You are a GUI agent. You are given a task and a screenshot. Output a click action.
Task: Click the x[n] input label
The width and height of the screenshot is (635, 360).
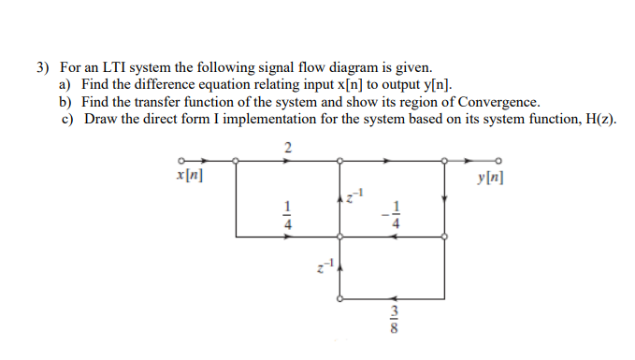[191, 175]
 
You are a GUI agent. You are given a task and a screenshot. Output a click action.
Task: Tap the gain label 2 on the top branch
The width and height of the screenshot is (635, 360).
[287, 146]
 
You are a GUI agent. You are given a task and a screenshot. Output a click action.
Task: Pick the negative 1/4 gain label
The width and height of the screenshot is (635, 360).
[393, 214]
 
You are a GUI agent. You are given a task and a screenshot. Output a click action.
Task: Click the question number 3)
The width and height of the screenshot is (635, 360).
[43, 68]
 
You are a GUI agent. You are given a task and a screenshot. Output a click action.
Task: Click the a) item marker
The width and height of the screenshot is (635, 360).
[65, 85]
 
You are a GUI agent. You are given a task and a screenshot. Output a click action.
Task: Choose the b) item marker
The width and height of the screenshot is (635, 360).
[65, 102]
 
